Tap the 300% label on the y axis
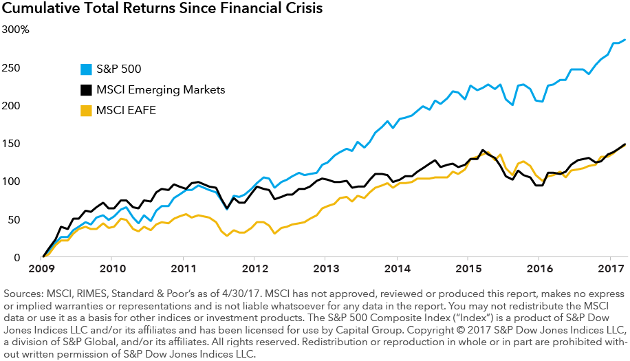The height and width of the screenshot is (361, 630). click(x=15, y=30)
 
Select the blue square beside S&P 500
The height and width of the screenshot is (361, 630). click(x=85, y=69)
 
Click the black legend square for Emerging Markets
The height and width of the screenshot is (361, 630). click(x=85, y=89)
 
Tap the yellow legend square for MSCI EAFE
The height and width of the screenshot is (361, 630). click(x=85, y=111)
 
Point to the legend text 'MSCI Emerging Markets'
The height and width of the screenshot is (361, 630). click(x=162, y=89)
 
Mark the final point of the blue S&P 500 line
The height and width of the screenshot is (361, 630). click(x=624, y=40)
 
